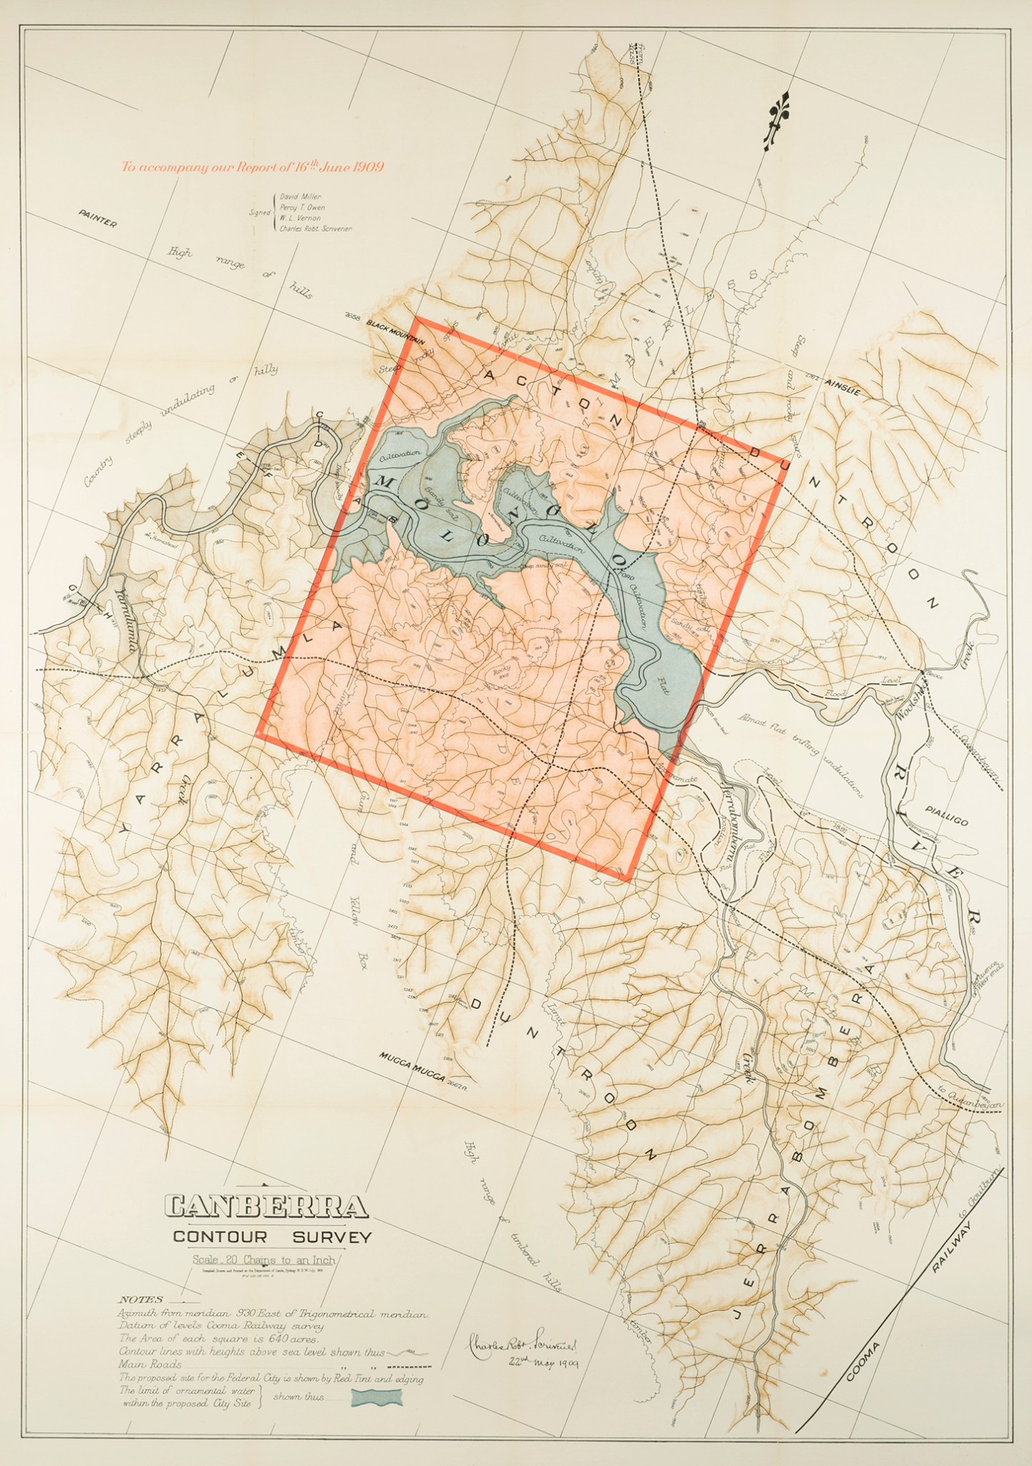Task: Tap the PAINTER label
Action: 97,218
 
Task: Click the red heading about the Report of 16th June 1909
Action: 253,168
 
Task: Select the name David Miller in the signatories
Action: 301,195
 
